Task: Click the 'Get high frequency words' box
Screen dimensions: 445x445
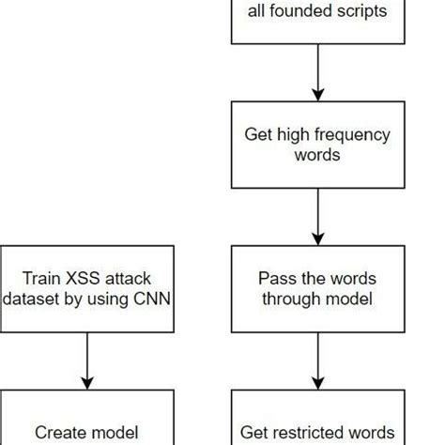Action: [317, 145]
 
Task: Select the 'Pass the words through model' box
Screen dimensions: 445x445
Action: [317, 289]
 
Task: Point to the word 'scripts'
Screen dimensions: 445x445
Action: [359, 11]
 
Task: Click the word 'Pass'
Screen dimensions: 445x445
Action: [275, 279]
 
